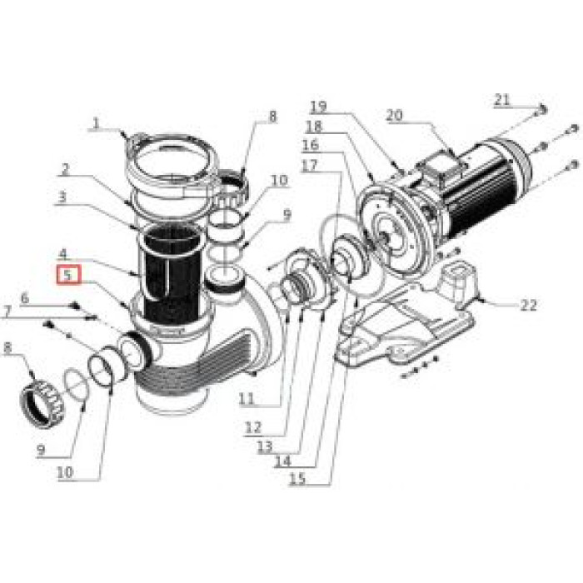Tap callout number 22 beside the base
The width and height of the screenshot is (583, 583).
(528, 305)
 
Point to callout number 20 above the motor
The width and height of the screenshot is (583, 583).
(394, 116)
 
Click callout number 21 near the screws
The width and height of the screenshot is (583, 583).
(501, 99)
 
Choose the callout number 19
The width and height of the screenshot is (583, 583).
(318, 107)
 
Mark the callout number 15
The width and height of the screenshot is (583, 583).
(297, 478)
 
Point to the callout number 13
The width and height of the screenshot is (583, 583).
(265, 446)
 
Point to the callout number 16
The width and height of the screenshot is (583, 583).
(310, 145)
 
